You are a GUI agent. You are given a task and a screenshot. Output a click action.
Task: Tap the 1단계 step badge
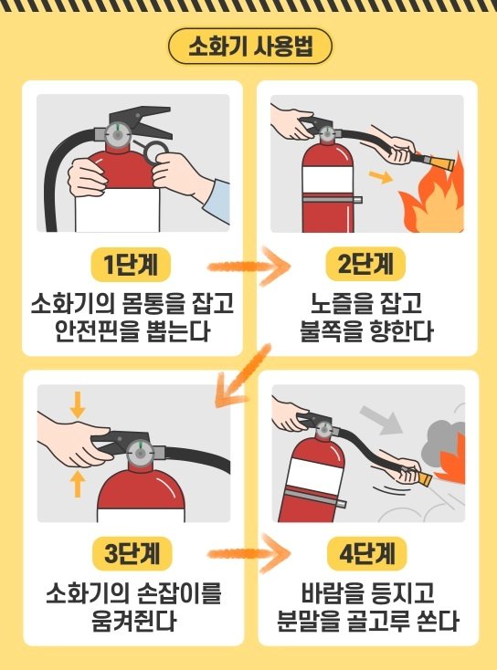131,265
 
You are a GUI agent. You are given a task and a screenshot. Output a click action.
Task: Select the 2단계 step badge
365,264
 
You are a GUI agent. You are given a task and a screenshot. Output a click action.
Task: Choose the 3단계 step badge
132,553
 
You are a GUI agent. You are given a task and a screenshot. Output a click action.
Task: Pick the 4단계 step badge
366,553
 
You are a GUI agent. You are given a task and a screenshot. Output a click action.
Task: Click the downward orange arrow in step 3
78,405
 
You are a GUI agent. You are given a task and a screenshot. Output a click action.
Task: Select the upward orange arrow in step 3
78,483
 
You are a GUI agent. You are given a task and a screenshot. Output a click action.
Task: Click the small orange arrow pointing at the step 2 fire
381,176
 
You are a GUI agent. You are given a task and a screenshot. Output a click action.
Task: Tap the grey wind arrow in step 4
380,420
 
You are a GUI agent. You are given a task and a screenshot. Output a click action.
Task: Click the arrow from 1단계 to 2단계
249,267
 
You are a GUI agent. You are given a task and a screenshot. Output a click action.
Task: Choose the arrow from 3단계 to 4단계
249,554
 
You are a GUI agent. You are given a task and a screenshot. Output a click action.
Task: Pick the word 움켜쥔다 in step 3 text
134,621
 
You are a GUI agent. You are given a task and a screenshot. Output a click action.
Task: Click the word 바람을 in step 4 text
326,592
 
